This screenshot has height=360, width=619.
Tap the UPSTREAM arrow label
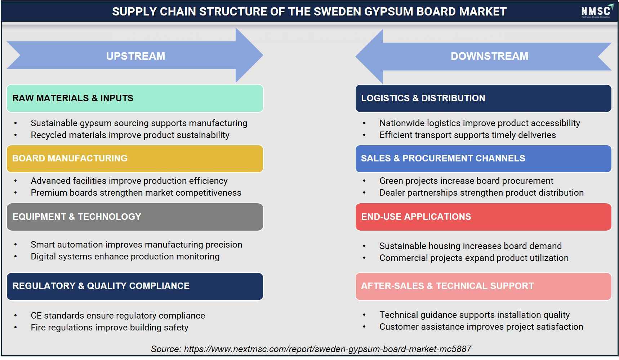(135, 56)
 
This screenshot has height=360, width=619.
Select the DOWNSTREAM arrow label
(489, 56)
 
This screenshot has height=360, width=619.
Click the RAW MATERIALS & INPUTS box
(135, 98)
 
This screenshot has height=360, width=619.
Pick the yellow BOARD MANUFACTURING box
(135, 159)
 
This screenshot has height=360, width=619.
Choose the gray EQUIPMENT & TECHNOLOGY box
(135, 217)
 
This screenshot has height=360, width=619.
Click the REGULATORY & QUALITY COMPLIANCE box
(135, 286)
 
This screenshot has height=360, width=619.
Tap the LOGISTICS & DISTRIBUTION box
(483, 98)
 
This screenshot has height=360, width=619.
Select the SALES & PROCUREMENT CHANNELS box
(483, 159)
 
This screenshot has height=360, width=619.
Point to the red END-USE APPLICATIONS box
(483, 217)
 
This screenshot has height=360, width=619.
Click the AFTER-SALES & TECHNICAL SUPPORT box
(483, 286)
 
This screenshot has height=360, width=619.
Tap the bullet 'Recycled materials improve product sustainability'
(130, 135)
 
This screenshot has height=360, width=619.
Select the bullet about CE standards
(118, 316)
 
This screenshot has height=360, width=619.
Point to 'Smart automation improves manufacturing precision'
(137, 245)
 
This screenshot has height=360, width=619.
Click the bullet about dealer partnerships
(481, 193)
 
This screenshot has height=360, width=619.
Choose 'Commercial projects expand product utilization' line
(474, 258)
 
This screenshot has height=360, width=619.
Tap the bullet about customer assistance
(481, 327)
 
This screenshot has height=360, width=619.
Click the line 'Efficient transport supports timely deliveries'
(468, 135)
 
